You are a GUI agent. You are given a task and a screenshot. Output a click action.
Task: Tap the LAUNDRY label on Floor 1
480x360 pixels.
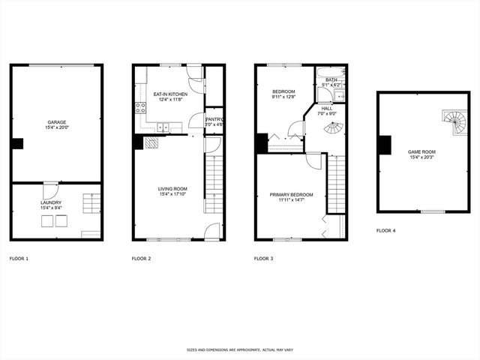pos(52,202)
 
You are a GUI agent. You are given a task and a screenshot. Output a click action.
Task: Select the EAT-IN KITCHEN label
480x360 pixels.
pos(170,94)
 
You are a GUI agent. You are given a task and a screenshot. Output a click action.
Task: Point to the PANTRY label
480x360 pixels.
pos(214,118)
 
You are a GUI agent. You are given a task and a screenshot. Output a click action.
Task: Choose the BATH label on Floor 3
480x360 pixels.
pos(331,79)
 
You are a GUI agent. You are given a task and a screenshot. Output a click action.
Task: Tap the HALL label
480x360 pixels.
pos(328,108)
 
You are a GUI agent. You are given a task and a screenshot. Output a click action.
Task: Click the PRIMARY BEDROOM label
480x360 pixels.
pos(291,195)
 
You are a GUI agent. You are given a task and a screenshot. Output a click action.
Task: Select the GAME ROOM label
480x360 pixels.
pos(421,151)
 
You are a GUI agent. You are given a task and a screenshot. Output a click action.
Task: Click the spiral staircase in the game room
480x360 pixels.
pos(454,122)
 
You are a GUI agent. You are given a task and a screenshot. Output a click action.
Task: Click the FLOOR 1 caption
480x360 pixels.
pos(19,258)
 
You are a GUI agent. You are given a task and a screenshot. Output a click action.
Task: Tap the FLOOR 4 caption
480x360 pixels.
pos(385,231)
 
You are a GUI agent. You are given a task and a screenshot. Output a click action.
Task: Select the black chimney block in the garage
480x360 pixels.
pos(18,143)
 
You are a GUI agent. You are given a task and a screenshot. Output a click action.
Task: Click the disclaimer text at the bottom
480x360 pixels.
pos(239,349)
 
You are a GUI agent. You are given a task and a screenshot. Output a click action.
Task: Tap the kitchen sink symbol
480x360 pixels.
pos(166,128)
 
